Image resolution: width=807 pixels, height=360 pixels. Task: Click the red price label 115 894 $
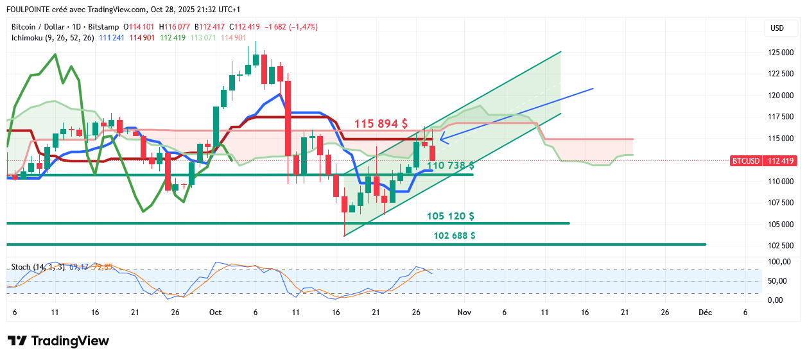(381, 123)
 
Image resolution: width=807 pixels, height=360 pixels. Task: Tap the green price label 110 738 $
(451, 166)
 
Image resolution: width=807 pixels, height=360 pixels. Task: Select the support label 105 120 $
(451, 216)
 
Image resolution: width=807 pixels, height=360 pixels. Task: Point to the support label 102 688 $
(455, 236)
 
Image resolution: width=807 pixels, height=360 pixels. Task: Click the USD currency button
(777, 28)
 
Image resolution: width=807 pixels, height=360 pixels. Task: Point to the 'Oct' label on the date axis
(215, 313)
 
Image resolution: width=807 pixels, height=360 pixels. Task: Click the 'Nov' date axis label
(464, 313)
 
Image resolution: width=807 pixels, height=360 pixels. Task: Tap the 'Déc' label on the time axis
(705, 313)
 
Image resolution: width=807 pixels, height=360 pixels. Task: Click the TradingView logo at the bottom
(58, 341)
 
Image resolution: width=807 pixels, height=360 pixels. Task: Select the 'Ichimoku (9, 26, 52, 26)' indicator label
(53, 38)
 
